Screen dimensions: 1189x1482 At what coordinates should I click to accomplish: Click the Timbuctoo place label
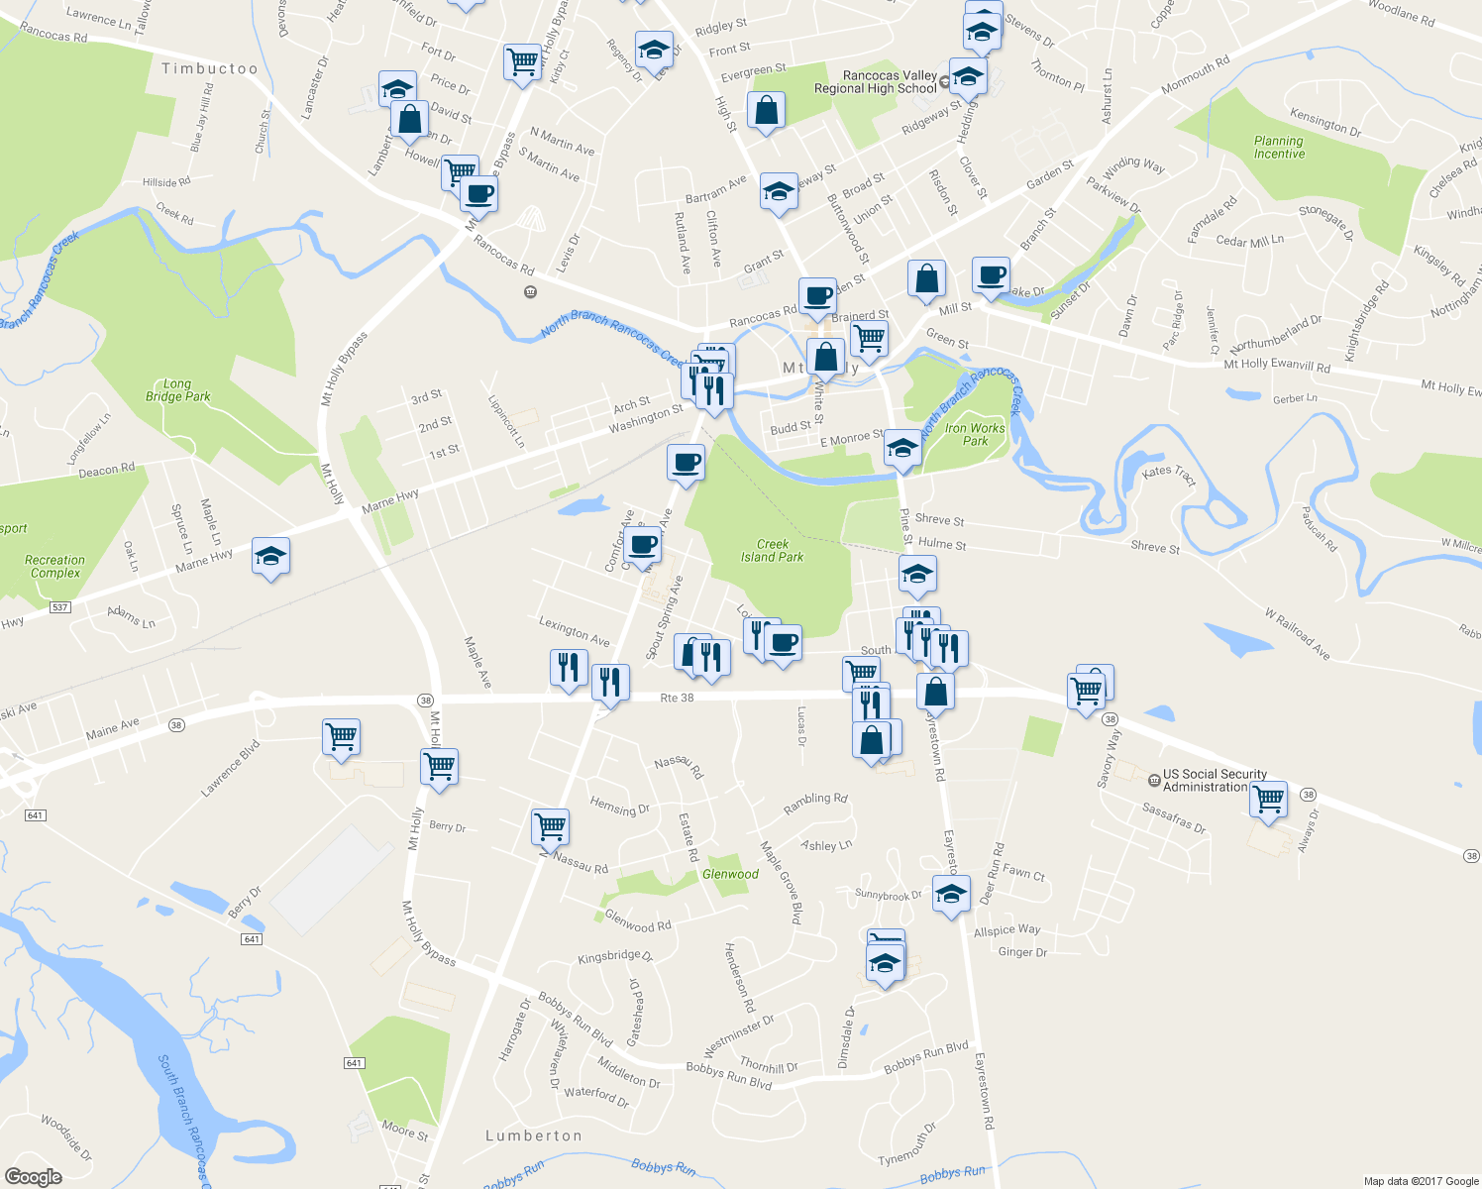coord(209,68)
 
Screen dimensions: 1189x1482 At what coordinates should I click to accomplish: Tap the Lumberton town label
coord(534,1135)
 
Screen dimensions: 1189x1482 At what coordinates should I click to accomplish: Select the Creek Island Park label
coord(772,551)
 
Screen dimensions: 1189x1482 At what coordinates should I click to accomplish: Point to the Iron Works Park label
coord(975,435)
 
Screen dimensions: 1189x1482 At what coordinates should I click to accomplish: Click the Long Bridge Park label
coord(178,390)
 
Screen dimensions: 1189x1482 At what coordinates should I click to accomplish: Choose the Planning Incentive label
coord(1279,148)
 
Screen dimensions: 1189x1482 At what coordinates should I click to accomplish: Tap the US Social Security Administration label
coord(1214,781)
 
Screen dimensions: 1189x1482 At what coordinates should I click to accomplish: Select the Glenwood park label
coord(730,874)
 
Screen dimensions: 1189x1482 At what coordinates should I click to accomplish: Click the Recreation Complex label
coord(54,567)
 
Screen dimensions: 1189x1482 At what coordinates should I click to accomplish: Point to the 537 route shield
coord(60,606)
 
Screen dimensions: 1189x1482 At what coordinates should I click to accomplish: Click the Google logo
coord(34,1177)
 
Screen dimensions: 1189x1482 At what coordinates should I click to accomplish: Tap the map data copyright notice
coord(1421,1181)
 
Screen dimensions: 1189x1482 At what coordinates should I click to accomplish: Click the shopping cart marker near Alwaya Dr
coord(1268,798)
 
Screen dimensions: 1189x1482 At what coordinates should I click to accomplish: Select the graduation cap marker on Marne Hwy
coord(270,556)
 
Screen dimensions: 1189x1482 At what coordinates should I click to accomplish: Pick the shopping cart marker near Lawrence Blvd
coord(341,737)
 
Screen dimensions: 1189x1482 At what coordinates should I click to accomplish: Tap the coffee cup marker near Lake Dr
coord(991,275)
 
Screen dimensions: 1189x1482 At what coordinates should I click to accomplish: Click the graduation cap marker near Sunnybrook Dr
coord(951,894)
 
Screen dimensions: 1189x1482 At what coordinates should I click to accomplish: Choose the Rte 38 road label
coord(677,699)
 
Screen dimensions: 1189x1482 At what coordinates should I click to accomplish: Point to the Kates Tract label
coord(1169,476)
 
